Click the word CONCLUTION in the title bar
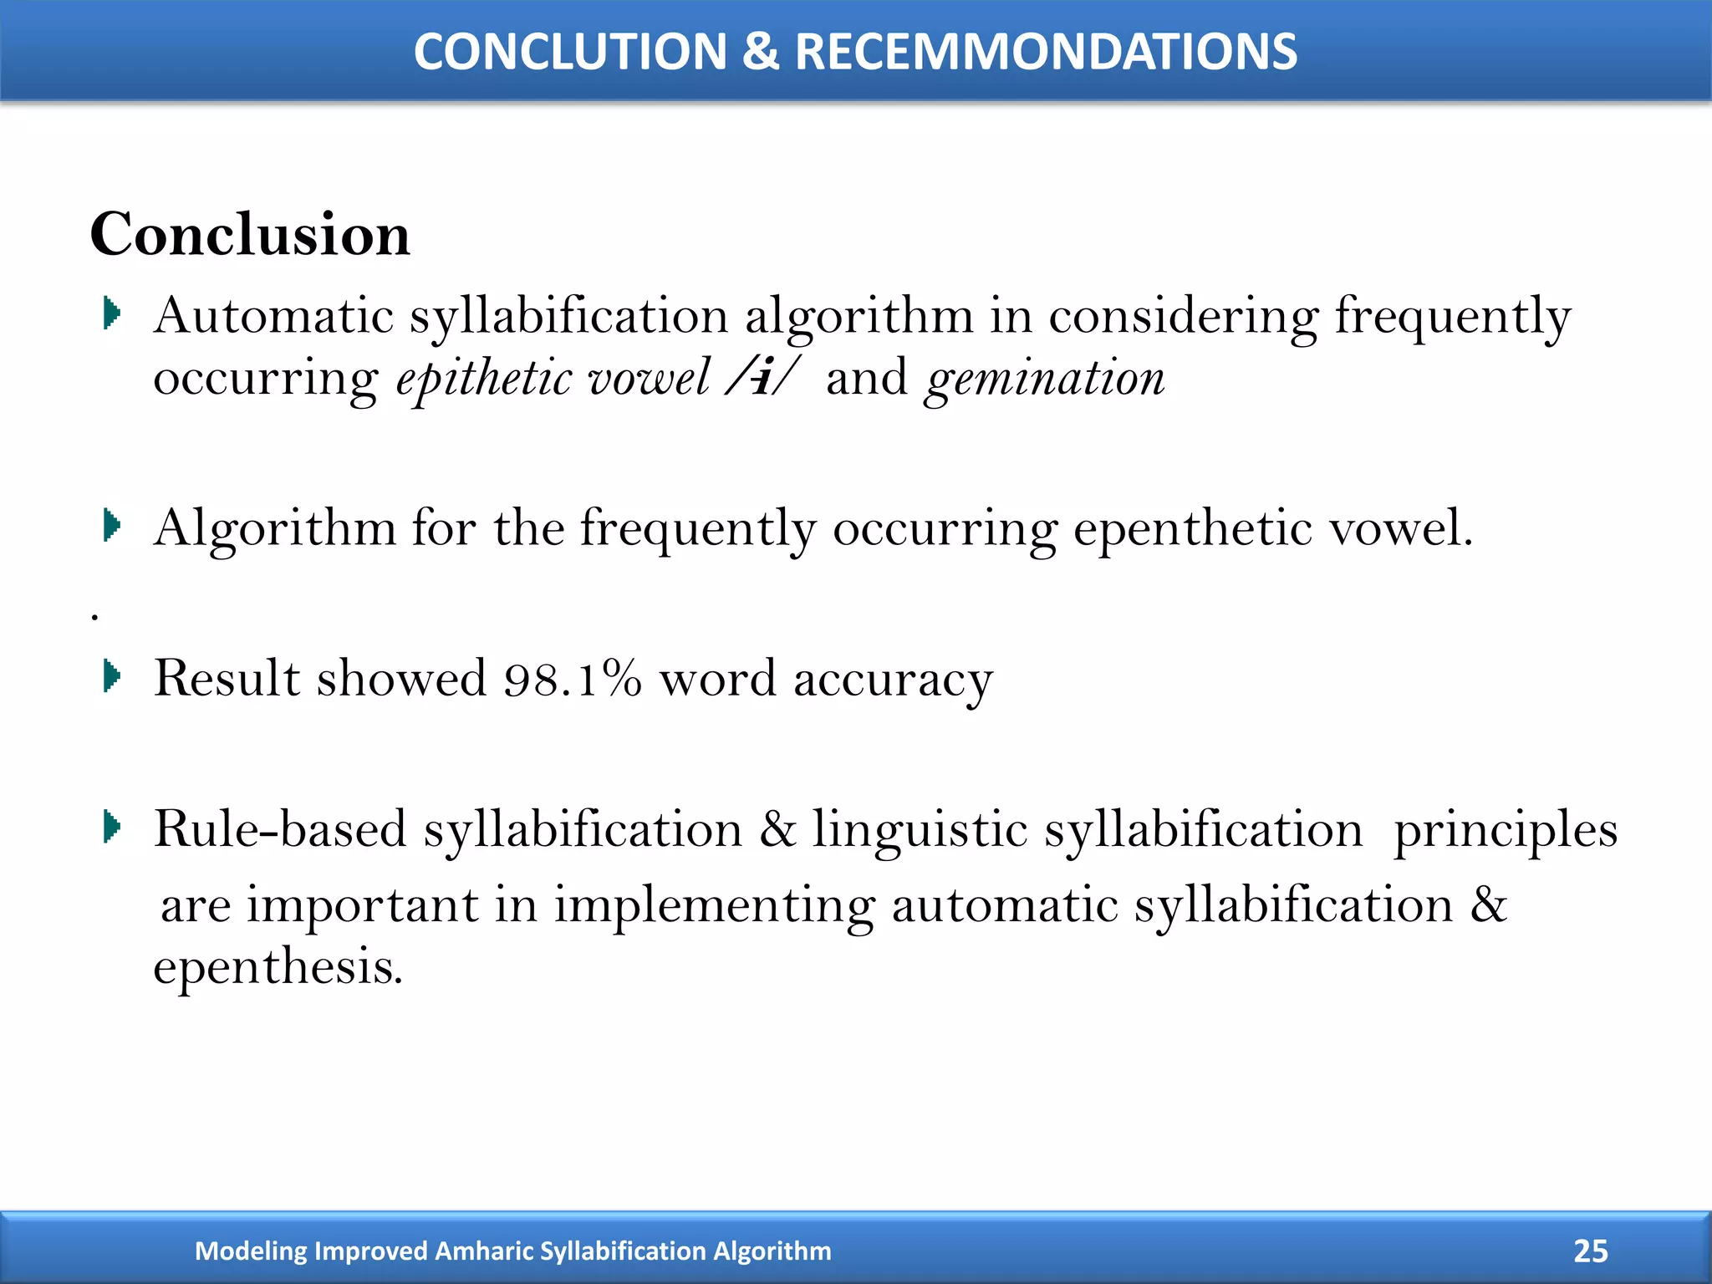point(571,52)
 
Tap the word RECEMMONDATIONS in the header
point(1046,52)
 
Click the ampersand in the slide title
point(760,52)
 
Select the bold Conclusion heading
point(250,234)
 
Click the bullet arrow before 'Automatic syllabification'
point(112,314)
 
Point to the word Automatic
point(273,317)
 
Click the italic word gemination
point(1045,380)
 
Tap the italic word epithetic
point(484,380)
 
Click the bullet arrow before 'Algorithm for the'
point(112,526)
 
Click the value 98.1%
point(573,678)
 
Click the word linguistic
point(920,831)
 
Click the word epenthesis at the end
point(278,968)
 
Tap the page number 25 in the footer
point(1590,1251)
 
